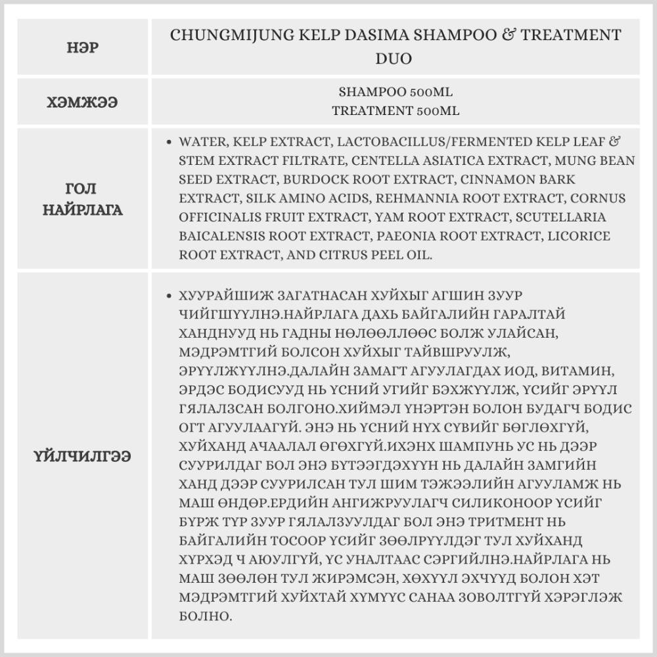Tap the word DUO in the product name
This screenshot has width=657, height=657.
pos(395,59)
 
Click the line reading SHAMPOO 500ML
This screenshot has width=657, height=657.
pos(396,92)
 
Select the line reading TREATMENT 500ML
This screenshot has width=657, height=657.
pos(396,110)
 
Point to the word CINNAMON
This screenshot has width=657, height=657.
pos(495,179)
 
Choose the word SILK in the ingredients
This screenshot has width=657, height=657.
pos(261,198)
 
